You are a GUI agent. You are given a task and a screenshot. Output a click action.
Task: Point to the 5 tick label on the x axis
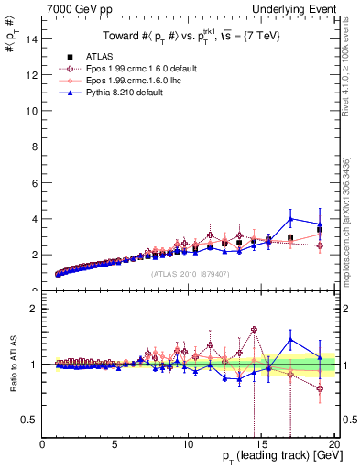coord(115,445)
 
